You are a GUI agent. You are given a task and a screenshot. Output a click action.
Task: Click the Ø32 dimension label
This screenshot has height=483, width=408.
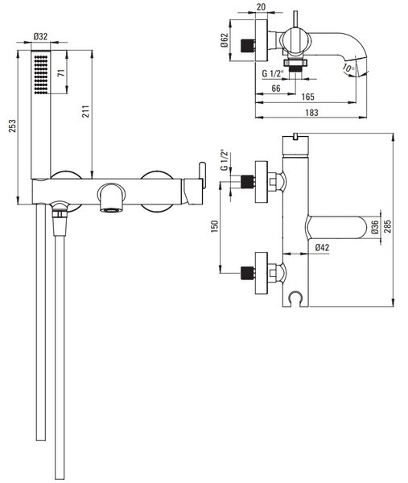tap(40, 37)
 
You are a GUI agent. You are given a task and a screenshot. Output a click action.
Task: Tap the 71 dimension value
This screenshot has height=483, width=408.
tap(61, 73)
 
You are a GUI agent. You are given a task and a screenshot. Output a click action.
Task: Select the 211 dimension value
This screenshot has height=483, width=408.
tap(86, 111)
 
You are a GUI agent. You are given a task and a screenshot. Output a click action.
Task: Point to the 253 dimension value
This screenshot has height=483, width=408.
tap(12, 126)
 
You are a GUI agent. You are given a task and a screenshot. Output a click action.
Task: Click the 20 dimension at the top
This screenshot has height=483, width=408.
tap(261, 6)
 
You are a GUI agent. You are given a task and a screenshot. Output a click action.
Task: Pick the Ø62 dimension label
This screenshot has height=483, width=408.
tap(225, 40)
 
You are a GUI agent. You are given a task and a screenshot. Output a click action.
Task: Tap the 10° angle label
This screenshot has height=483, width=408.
tap(348, 68)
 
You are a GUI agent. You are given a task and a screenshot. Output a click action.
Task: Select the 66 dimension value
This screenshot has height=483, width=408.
tap(276, 89)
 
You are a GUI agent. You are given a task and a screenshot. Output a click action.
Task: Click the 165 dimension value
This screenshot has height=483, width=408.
tap(308, 97)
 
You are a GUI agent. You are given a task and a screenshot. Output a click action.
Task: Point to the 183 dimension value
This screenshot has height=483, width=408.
tap(311, 113)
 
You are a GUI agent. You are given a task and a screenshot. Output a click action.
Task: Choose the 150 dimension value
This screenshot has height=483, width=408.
tap(215, 226)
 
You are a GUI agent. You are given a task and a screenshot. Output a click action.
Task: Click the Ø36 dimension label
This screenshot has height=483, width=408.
tap(375, 227)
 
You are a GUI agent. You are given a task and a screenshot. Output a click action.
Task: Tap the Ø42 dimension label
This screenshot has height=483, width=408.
tap(323, 247)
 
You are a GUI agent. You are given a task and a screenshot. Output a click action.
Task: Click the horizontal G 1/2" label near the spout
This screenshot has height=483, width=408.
tap(273, 73)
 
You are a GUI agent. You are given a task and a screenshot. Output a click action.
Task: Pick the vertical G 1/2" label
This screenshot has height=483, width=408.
tap(225, 159)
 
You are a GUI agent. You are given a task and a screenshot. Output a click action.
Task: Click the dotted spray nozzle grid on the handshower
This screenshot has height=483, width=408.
tap(41, 75)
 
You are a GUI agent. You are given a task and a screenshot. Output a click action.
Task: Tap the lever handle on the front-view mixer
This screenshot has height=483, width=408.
tap(202, 175)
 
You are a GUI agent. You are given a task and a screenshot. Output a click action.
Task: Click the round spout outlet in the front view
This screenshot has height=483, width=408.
tap(112, 197)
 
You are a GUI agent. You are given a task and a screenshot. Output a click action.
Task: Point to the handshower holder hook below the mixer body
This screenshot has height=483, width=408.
tap(295, 298)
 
